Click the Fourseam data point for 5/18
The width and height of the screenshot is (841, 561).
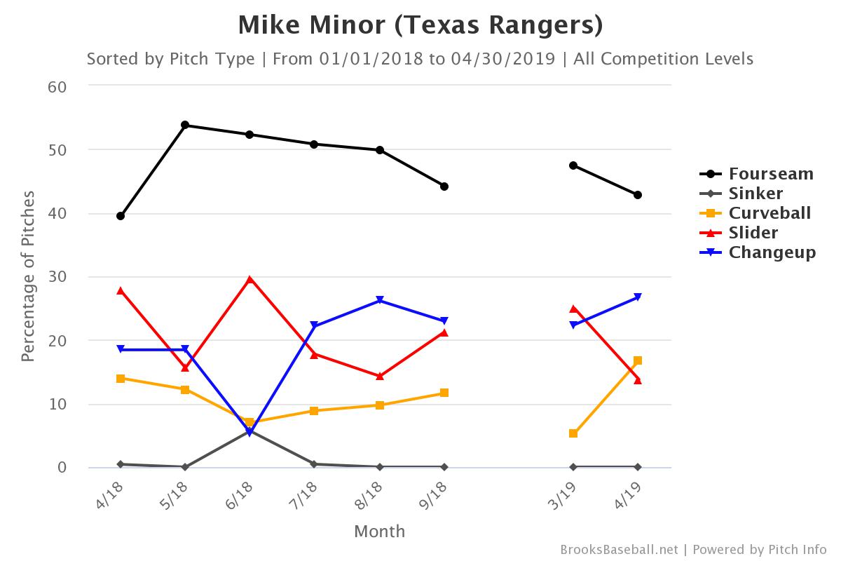click(185, 125)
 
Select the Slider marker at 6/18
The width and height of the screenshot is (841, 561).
click(249, 279)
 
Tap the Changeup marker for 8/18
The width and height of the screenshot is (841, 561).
click(379, 300)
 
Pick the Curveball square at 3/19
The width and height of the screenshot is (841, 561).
click(573, 433)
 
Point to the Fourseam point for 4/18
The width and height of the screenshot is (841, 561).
click(121, 216)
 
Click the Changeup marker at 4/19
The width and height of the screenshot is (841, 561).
click(638, 297)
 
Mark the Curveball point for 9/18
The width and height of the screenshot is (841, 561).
click(444, 393)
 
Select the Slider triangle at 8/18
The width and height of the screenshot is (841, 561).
click(379, 376)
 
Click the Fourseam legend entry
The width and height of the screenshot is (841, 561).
click(771, 174)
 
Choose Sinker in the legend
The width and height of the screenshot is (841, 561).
click(755, 194)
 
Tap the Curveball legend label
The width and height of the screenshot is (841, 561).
click(770, 213)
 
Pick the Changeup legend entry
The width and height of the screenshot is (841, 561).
click(772, 252)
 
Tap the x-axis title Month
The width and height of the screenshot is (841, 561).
click(379, 531)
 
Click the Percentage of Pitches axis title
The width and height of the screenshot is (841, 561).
click(28, 277)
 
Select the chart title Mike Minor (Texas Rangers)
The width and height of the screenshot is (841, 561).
click(420, 25)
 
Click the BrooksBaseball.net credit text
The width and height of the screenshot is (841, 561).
click(619, 549)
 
